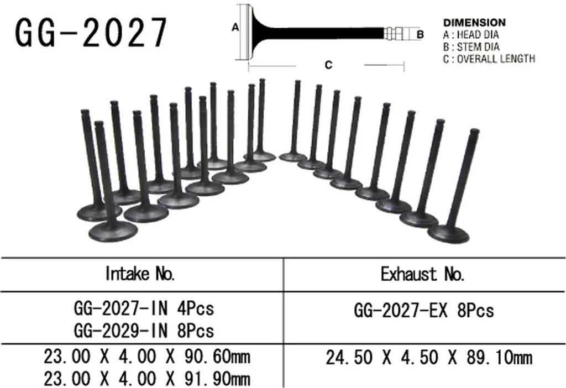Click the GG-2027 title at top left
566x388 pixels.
pyautogui.click(x=91, y=33)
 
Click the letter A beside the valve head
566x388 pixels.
pyautogui.click(x=235, y=28)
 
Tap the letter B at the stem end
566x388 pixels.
pyautogui.click(x=420, y=35)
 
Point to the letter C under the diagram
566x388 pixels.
pyautogui.click(x=328, y=65)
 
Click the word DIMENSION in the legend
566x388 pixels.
pyautogui.click(x=474, y=23)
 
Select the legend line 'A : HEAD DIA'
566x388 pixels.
pyautogui.click(x=471, y=35)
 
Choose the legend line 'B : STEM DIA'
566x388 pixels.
pyautogui.click(x=471, y=47)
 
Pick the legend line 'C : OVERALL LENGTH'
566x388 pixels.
pyautogui.click(x=489, y=59)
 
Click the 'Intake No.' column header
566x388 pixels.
pyautogui.click(x=140, y=274)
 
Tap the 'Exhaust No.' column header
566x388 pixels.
pyautogui.click(x=423, y=274)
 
